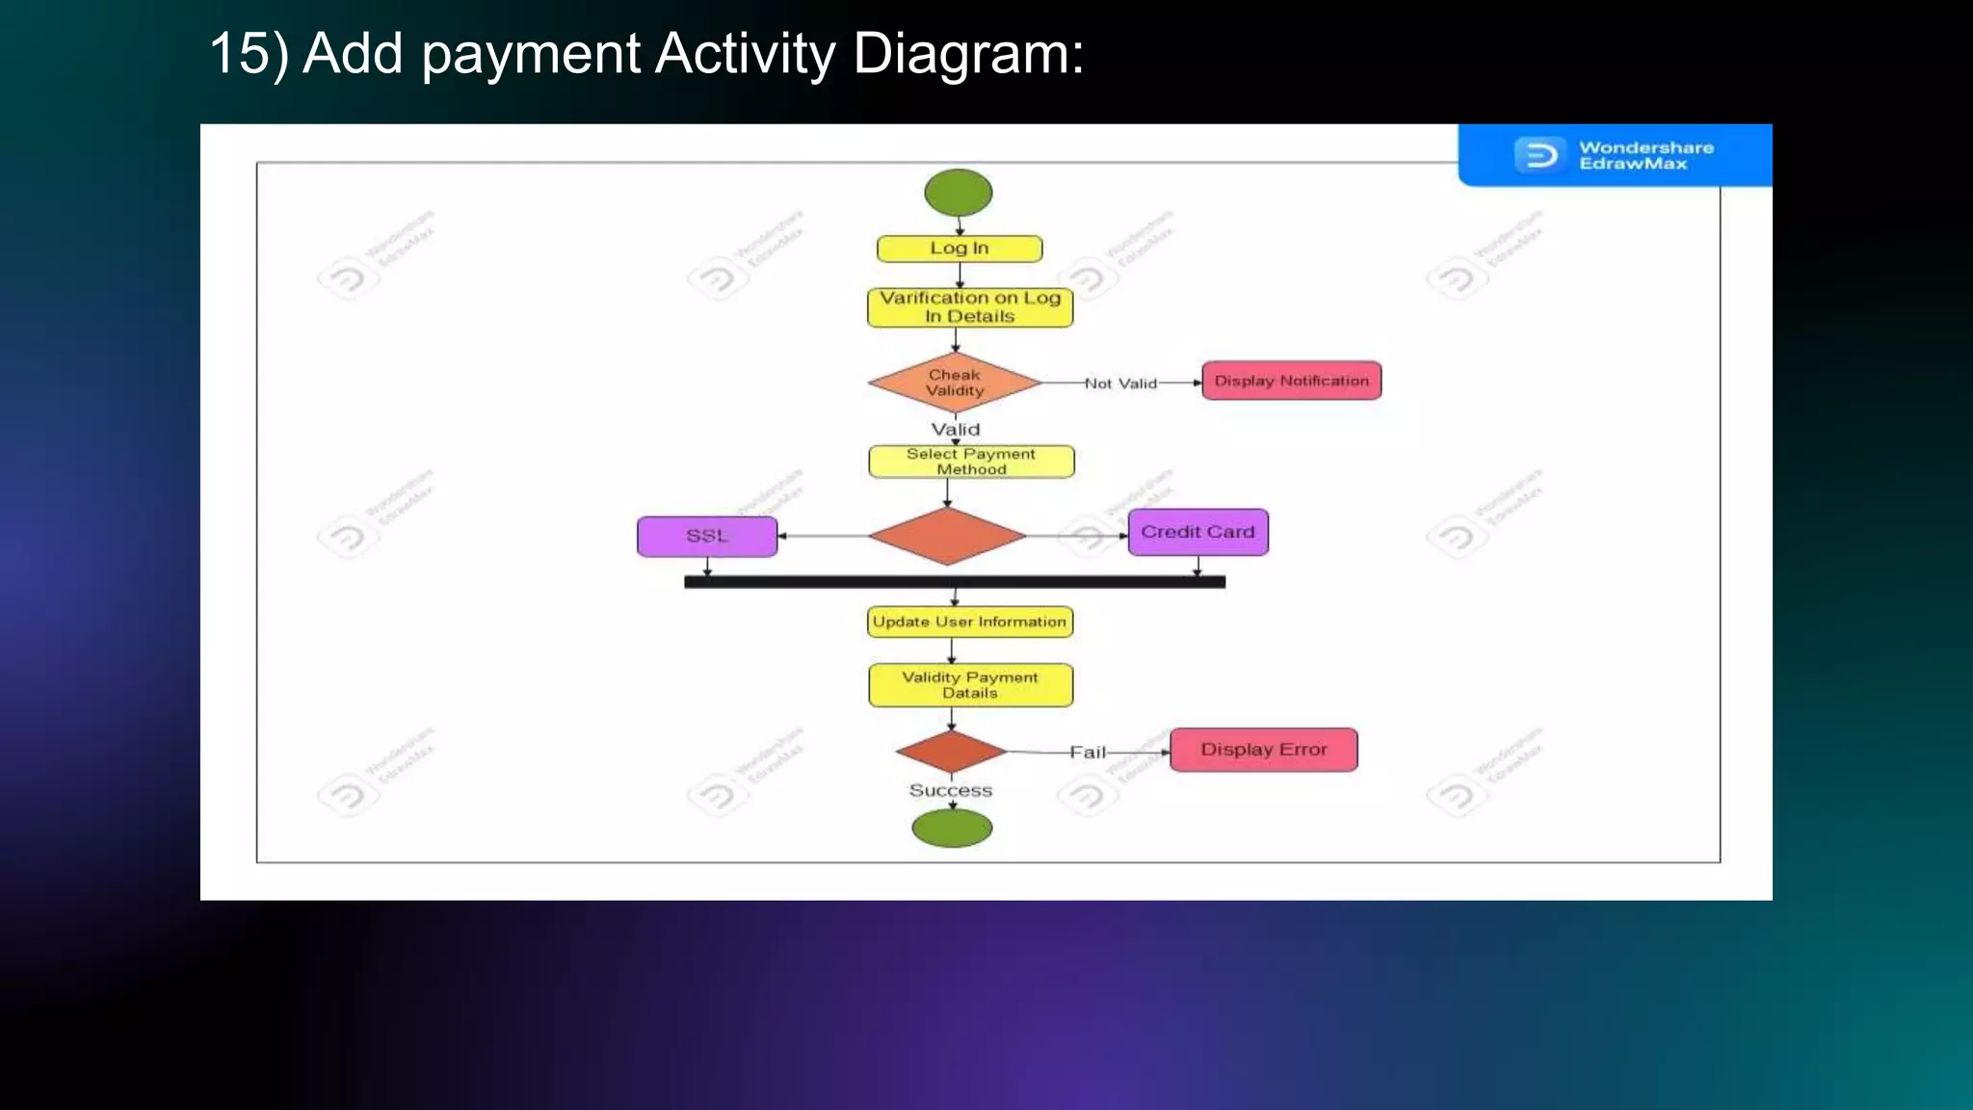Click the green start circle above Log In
958,193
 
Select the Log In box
960,249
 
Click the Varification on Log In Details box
970,307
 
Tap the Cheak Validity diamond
955,383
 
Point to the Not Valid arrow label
1120,383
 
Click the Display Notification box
1291,381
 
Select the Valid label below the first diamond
955,430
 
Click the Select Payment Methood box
971,462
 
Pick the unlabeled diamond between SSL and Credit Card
947,536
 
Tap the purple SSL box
707,537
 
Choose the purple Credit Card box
1197,532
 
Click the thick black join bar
954,582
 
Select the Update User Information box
969,622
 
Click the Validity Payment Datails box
970,685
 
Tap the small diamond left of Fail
951,752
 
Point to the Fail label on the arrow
1088,753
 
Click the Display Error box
1263,750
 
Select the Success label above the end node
950,790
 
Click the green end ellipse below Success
952,828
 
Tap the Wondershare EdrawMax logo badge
1615,155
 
